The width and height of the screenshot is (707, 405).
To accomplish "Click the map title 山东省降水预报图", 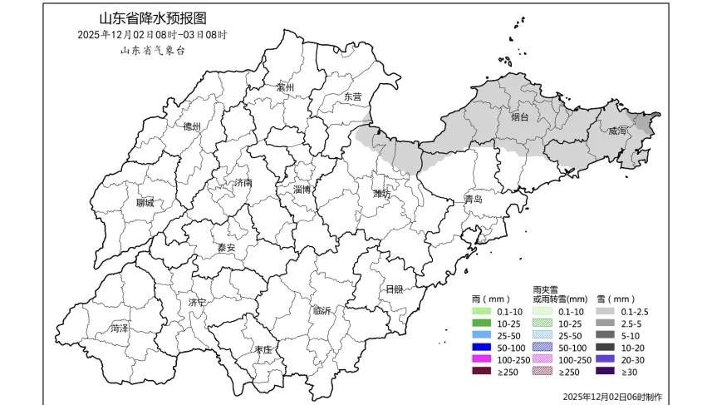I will point(152,18).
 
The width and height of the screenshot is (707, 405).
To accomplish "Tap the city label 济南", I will point(242,182).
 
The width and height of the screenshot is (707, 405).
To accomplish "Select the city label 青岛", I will point(474,200).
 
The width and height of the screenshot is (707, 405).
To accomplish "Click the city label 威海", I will point(617,131).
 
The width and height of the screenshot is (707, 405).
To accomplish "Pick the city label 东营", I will point(353,96).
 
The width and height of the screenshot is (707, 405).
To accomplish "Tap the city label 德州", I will point(192,126).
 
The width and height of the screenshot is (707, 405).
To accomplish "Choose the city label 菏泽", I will point(120,328).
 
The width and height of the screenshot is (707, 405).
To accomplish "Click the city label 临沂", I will point(322,310).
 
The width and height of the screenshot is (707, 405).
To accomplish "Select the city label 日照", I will point(394,289).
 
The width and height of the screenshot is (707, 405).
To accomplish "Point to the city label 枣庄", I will point(264,350).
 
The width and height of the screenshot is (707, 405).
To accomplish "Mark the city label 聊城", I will point(145,203).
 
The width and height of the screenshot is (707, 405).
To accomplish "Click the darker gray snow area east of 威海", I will point(647,123).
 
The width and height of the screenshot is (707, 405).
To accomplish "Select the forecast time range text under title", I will point(152,35).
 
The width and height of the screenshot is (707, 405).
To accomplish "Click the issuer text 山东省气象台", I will point(152,50).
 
